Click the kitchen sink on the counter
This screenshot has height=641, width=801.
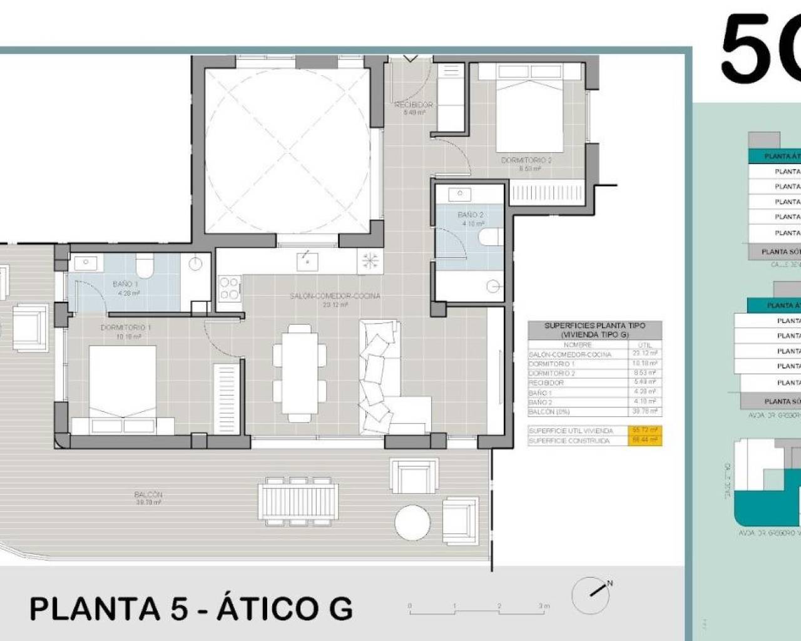(307, 259)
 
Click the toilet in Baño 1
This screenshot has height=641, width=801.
(145, 265)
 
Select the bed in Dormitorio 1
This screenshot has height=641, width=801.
(123, 388)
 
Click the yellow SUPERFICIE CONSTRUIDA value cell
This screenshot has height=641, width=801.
(645, 441)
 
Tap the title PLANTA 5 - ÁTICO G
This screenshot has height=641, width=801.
(191, 608)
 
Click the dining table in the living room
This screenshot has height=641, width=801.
(300, 372)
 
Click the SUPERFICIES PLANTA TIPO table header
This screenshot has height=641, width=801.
(594, 330)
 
